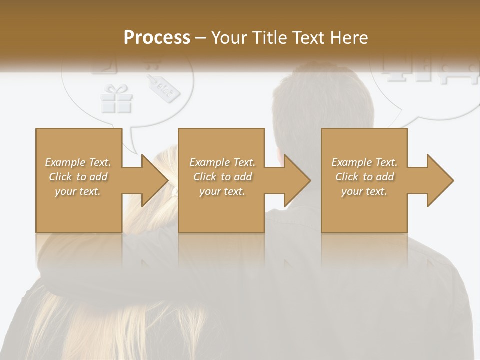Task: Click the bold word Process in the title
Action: (x=157, y=38)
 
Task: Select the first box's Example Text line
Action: (x=78, y=162)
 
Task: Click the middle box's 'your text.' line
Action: (x=222, y=191)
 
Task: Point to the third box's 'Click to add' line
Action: (x=364, y=177)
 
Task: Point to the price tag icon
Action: (x=164, y=88)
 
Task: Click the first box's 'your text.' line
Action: (x=78, y=191)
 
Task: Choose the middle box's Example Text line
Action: (x=222, y=162)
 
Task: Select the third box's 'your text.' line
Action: (x=364, y=191)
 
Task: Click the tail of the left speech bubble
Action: (x=132, y=142)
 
